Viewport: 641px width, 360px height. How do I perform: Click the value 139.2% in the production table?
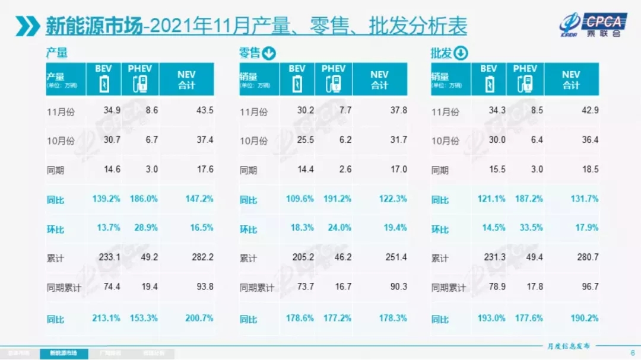pyautogui.click(x=106, y=199)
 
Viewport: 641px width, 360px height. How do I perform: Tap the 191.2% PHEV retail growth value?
pyautogui.click(x=337, y=199)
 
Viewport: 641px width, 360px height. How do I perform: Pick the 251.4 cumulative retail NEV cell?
pyautogui.click(x=393, y=259)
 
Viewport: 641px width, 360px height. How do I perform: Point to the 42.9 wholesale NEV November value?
pyautogui.click(x=587, y=111)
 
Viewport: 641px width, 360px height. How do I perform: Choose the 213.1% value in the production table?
pyautogui.click(x=106, y=318)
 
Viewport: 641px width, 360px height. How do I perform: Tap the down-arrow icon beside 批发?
pyautogui.click(x=461, y=53)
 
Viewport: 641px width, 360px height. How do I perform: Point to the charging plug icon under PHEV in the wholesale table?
pyautogui.click(x=525, y=84)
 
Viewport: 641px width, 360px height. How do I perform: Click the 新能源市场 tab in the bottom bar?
pyautogui.click(x=62, y=353)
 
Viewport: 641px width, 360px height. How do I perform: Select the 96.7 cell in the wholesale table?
pyautogui.click(x=587, y=288)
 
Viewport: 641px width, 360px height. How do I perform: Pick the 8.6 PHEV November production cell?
pyautogui.click(x=150, y=111)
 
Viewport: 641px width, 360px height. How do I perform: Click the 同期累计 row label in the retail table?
pyautogui.click(x=256, y=288)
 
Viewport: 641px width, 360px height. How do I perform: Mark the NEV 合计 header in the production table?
pyautogui.click(x=186, y=79)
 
